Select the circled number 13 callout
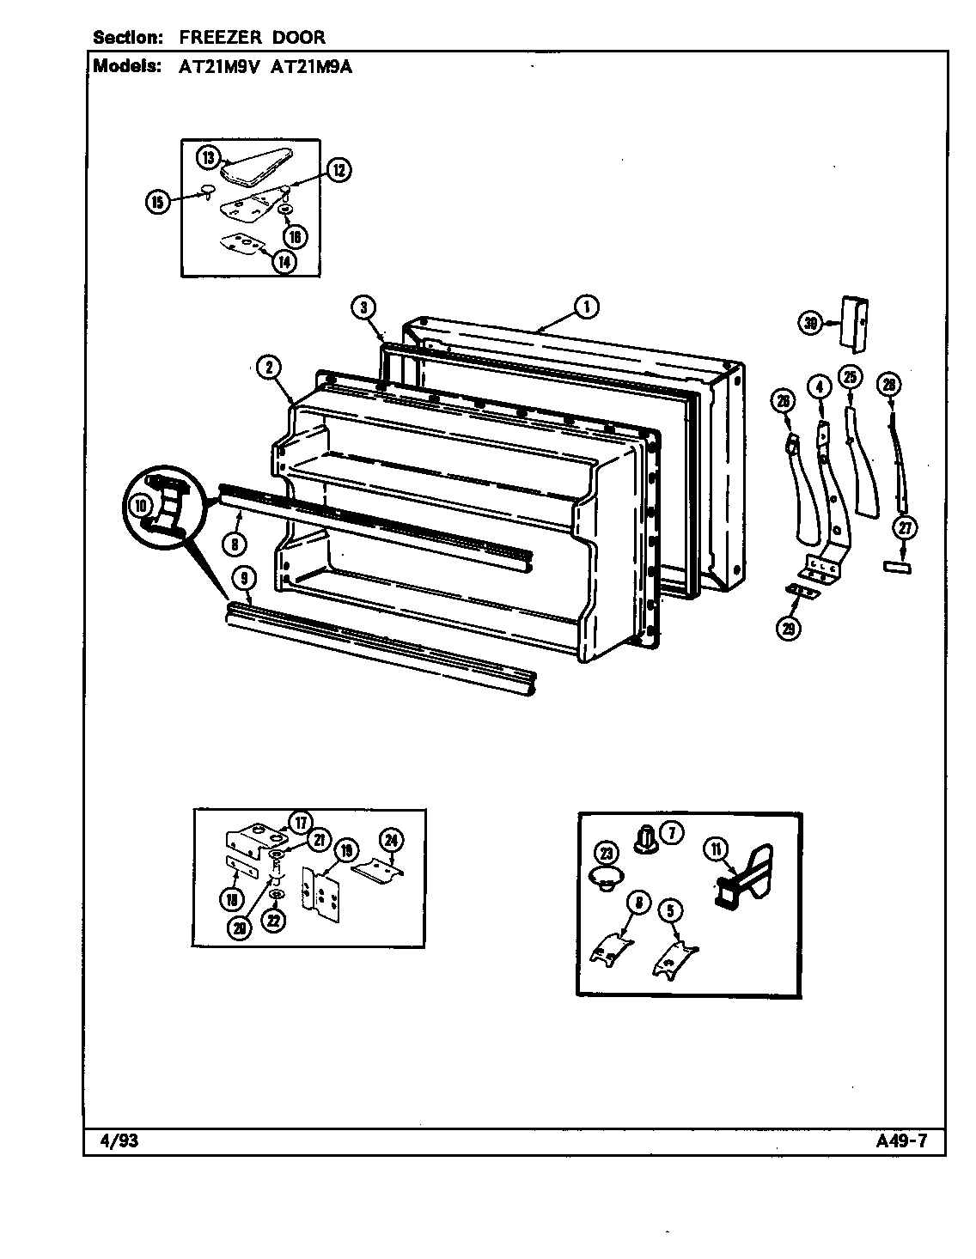point(208,157)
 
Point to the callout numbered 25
point(850,376)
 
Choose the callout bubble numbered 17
point(300,821)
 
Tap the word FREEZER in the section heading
point(218,38)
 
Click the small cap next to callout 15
point(208,190)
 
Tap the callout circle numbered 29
point(786,628)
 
